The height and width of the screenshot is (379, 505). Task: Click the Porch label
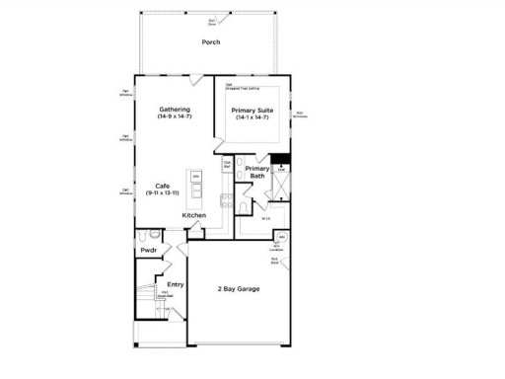(x=211, y=42)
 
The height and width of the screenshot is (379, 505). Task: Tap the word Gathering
(x=174, y=110)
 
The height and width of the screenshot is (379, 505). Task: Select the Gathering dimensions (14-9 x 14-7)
(x=174, y=117)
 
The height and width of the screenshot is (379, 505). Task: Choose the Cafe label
(x=165, y=186)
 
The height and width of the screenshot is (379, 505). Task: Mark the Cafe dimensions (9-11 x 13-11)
(x=165, y=193)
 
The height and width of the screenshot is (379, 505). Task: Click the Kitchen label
(x=193, y=215)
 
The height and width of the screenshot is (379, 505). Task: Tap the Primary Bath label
(x=257, y=172)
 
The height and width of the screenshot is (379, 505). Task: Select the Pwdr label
(x=149, y=251)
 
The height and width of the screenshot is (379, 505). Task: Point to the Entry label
(x=175, y=285)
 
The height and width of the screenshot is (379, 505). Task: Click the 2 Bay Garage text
(x=239, y=289)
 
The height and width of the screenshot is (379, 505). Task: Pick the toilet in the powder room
(x=144, y=237)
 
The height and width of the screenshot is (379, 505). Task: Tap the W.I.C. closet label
(x=266, y=219)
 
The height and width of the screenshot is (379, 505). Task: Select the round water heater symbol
(x=281, y=239)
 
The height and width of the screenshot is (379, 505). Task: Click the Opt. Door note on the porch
(x=211, y=21)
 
